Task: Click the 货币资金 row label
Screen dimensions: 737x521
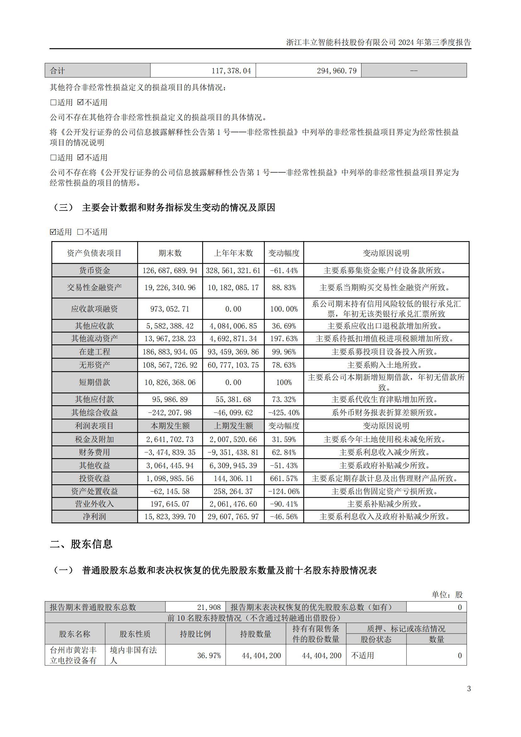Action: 94,271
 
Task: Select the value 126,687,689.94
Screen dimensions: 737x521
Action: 170,271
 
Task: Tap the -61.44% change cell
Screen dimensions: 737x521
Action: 284,271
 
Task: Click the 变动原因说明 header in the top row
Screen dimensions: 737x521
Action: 386,253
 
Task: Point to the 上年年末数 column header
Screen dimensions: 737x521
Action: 233,253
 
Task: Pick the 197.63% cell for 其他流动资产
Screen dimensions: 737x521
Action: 284,339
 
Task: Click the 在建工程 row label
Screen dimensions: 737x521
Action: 94,352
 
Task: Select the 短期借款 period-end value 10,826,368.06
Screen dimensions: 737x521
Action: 170,382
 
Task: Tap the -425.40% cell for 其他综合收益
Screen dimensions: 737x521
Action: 284,412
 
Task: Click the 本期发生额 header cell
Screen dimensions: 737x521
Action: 170,426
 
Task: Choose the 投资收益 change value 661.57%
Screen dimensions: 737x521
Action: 284,479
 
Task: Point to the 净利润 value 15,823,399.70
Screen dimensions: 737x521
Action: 170,516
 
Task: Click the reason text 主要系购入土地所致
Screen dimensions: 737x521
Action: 386,365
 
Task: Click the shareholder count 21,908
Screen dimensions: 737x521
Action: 209,607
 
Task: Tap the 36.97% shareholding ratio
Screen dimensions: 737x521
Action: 209,655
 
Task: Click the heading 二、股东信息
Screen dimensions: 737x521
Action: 81,544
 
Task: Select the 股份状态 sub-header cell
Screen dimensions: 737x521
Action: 376,639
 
